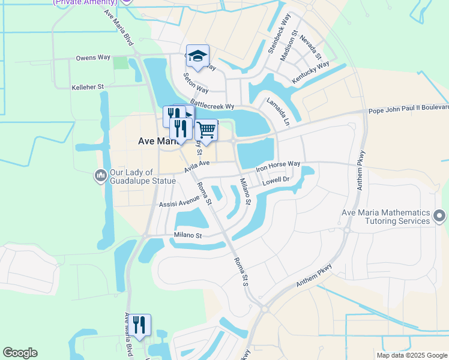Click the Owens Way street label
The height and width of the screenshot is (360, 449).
coord(93,58)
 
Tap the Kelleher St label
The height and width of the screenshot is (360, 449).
coord(88,87)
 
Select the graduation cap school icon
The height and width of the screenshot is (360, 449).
coord(197,56)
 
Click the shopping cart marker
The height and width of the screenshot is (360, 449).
coord(206,130)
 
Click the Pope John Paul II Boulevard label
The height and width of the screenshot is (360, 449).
coord(408,109)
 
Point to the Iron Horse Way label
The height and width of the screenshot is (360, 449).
coord(278,164)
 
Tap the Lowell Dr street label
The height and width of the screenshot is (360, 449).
coord(277,179)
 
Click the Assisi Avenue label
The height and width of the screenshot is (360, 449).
coord(179,203)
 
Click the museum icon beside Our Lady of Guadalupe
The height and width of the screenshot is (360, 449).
coord(100,176)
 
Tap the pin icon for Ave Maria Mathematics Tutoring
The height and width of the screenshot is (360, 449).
coord(439,215)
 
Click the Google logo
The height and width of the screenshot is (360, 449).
coord(20,353)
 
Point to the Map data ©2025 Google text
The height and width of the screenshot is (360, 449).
coord(412,355)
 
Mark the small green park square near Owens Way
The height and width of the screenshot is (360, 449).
coord(121,62)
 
